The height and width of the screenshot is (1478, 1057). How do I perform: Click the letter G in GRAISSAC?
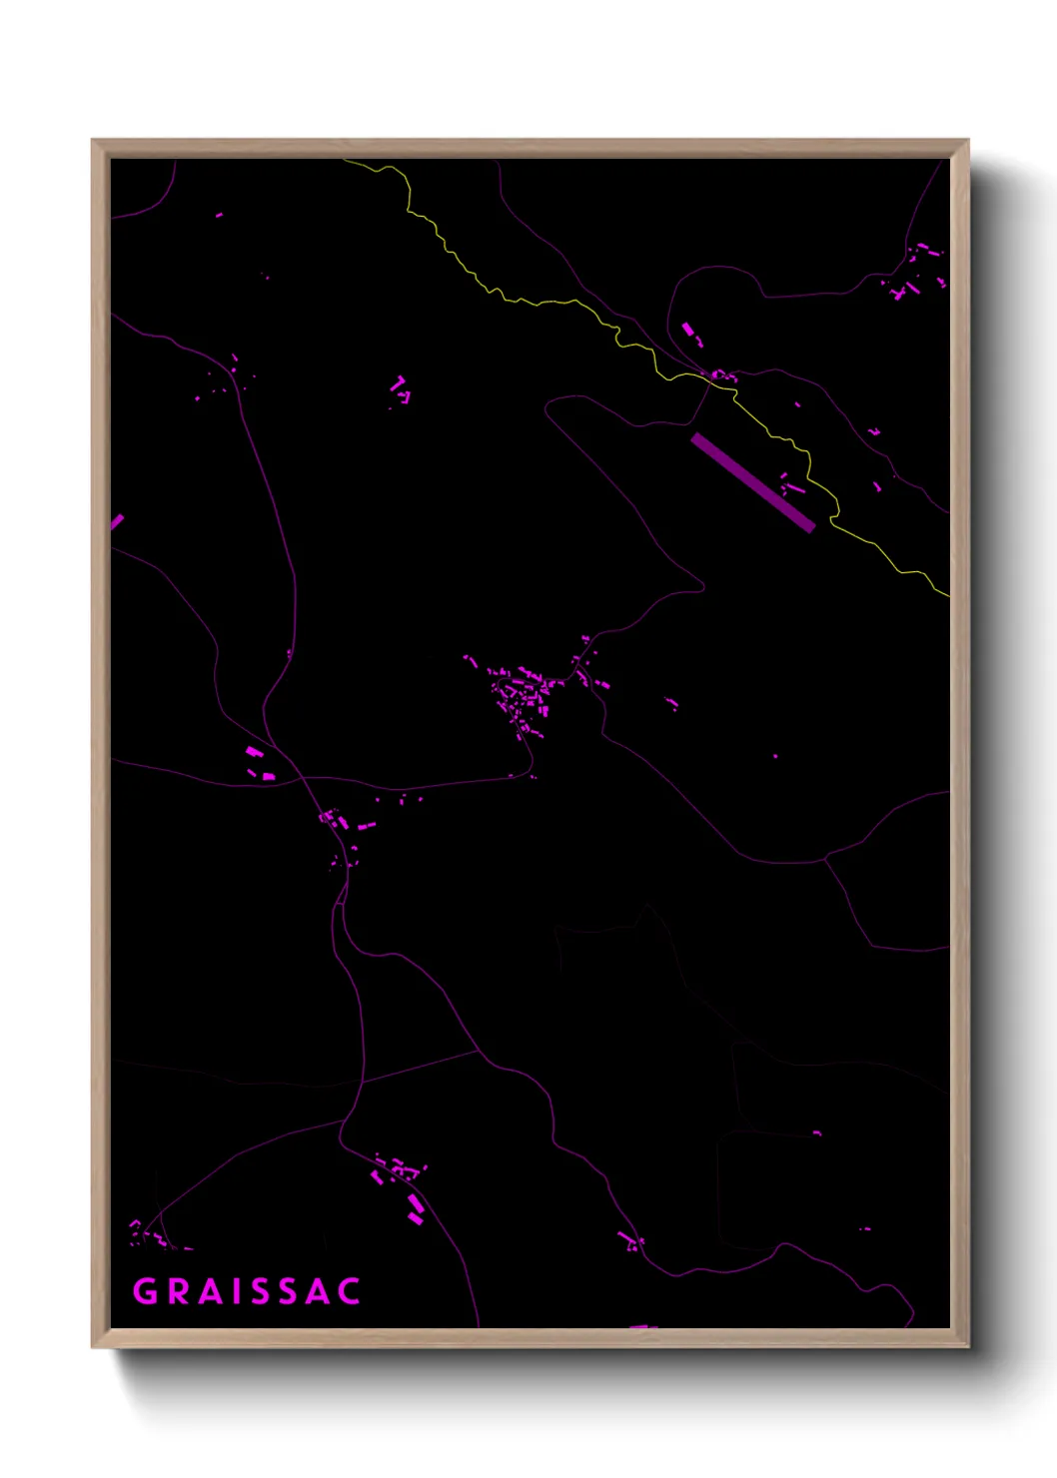[146, 1291]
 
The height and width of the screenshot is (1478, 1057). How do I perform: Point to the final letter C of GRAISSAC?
[348, 1291]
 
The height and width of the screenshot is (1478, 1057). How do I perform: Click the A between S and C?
[316, 1291]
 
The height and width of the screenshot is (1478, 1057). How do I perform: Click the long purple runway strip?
[752, 482]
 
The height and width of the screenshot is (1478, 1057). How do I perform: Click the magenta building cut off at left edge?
[116, 522]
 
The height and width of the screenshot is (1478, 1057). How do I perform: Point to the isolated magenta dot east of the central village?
[775, 756]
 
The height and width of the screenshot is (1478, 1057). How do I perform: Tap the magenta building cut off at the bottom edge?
[642, 1326]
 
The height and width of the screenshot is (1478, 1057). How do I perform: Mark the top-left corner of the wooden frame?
[94, 142]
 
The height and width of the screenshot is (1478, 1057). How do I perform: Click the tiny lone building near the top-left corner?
[219, 215]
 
